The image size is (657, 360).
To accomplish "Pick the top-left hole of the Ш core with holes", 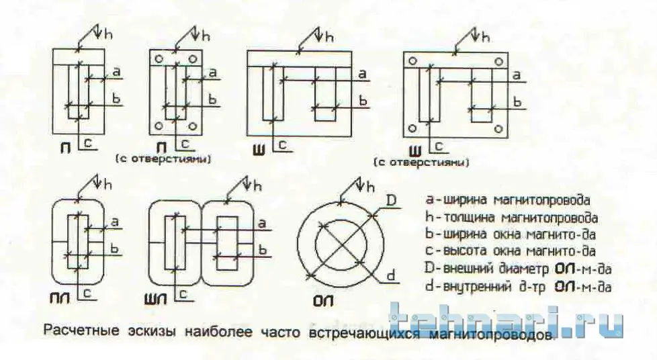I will (412, 61).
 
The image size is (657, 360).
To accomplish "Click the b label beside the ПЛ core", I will (115, 248).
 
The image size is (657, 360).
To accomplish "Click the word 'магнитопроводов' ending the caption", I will (492, 334).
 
